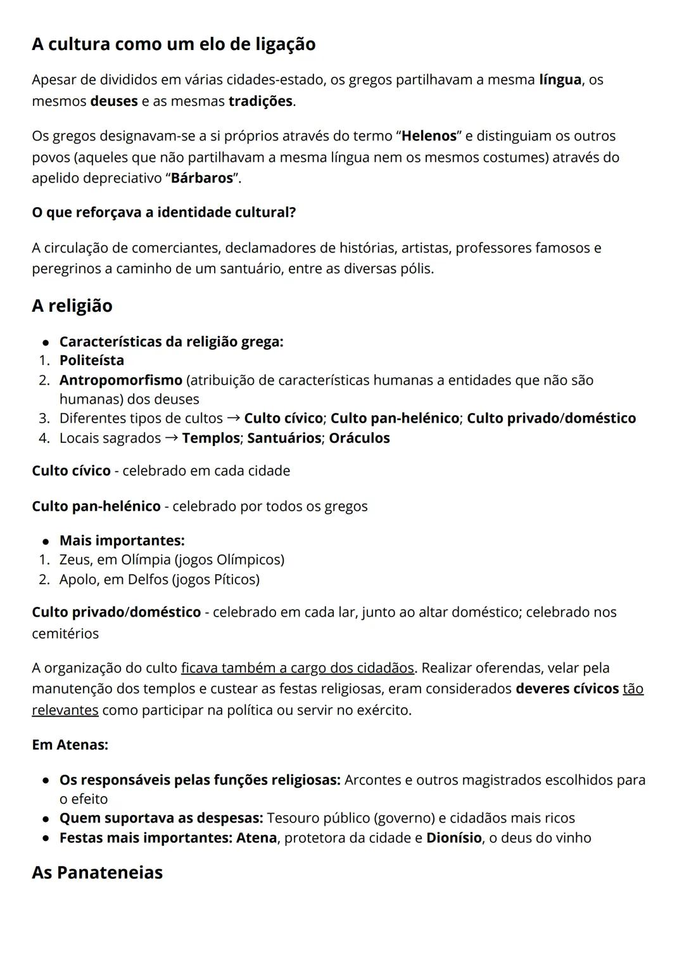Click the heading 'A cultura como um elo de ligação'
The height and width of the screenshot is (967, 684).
tap(174, 44)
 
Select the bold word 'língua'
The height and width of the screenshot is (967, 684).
tap(560, 80)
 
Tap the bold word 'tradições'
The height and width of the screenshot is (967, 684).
tap(260, 101)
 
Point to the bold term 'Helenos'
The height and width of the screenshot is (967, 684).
tap(429, 136)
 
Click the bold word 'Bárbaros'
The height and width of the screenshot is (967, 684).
tap(202, 178)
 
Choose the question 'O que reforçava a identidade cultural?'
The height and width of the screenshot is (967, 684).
tap(163, 213)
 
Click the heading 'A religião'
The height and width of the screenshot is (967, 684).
tap(72, 306)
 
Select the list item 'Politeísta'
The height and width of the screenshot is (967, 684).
tap(92, 361)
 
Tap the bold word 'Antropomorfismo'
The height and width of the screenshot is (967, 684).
tap(120, 380)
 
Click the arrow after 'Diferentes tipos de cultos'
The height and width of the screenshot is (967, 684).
tap(233, 418)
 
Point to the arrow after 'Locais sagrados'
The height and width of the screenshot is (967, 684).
tap(171, 438)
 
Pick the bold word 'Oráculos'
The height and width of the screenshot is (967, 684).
tap(359, 438)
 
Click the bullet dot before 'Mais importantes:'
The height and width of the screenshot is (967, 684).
tap(46, 542)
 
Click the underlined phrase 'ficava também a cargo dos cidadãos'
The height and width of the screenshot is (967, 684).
tap(298, 668)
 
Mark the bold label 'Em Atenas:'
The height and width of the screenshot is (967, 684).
tap(70, 745)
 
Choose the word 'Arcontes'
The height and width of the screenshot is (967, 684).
tap(372, 780)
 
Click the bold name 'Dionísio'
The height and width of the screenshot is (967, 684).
tap(453, 838)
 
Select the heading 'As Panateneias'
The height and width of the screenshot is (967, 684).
tap(97, 873)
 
